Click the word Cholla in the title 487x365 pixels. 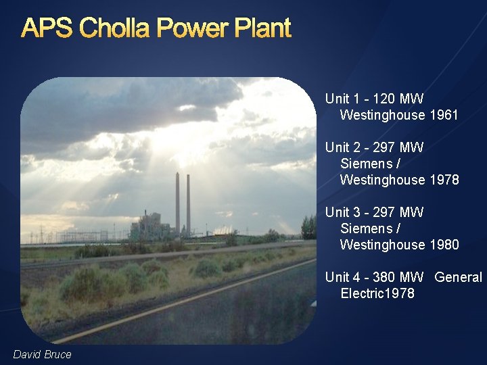(x=117, y=28)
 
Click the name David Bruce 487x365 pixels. (x=42, y=354)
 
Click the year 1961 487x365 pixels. (x=444, y=115)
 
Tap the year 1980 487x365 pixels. (x=444, y=245)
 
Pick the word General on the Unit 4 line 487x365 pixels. (x=459, y=277)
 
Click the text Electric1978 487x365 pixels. (x=377, y=293)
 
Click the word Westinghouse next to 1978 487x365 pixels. (x=382, y=180)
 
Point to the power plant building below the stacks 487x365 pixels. (x=150, y=226)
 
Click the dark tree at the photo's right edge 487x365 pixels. (x=308, y=228)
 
